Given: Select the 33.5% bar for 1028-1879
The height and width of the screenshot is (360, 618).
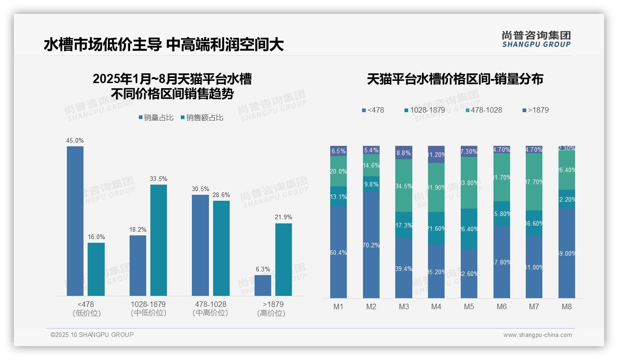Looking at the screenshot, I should pyautogui.click(x=159, y=240).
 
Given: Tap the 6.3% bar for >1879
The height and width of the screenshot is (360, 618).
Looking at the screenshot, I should pyautogui.click(x=263, y=285).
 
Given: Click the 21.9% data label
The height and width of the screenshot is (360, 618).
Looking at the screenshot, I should pyautogui.click(x=284, y=217).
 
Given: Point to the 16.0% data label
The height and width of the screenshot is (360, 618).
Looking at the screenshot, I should pyautogui.click(x=96, y=236).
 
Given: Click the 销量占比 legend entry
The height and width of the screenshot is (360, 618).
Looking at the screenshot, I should pyautogui.click(x=155, y=118).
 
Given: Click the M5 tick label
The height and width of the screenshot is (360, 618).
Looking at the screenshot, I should pyautogui.click(x=469, y=306).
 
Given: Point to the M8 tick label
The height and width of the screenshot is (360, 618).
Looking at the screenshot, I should pyautogui.click(x=567, y=306).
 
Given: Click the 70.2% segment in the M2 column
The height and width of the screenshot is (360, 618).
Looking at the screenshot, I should pyautogui.click(x=371, y=245).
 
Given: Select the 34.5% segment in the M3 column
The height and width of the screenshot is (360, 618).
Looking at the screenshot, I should pyautogui.click(x=404, y=186).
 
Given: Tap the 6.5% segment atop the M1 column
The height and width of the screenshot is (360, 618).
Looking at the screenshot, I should pyautogui.click(x=339, y=151).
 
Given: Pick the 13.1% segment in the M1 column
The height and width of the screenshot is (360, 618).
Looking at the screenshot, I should pyautogui.click(x=339, y=196).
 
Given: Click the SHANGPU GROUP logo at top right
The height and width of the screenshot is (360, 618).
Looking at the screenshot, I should pyautogui.click(x=536, y=39).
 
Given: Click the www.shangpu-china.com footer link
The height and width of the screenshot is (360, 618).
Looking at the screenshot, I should pyautogui.click(x=537, y=335).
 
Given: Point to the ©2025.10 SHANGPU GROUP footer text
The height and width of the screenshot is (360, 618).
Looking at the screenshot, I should pyautogui.click(x=92, y=335).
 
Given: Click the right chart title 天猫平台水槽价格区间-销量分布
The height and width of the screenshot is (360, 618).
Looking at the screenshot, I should pyautogui.click(x=455, y=79).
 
